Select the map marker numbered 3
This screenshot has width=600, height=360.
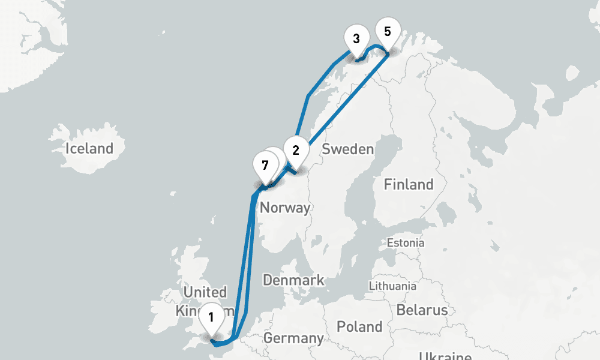coord(356,40)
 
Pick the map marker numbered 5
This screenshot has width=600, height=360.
coord(387,32)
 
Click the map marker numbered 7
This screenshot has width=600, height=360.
coord(265,165)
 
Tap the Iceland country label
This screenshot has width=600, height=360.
coord(89,148)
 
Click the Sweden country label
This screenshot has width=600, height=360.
coord(348,149)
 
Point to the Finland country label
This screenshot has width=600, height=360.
coord(409,184)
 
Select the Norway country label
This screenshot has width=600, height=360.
coord(285,208)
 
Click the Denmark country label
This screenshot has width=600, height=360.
coord(293,280)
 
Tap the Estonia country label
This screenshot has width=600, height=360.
coord(406,243)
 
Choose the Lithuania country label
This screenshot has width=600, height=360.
coord(392,286)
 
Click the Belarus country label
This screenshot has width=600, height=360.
coord(422,310)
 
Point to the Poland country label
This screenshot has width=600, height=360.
coord(359,326)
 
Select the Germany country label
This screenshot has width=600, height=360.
coord(293,338)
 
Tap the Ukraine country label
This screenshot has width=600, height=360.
coord(445,355)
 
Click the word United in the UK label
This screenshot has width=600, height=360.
coord(205,293)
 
